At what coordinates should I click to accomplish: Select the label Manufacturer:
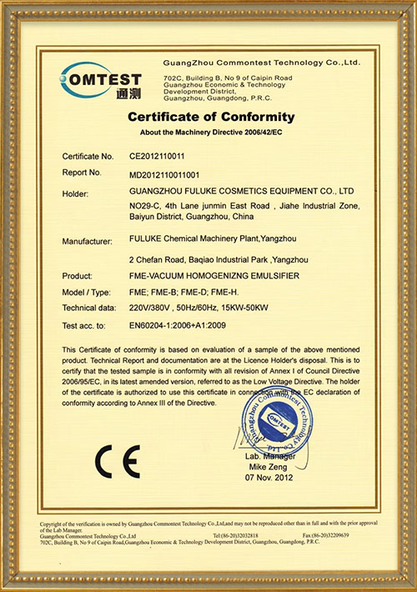[88, 242]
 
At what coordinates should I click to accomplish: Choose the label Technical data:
[89, 308]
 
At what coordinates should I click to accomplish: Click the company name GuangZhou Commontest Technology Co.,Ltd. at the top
[261, 63]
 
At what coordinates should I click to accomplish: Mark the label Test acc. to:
[85, 324]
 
